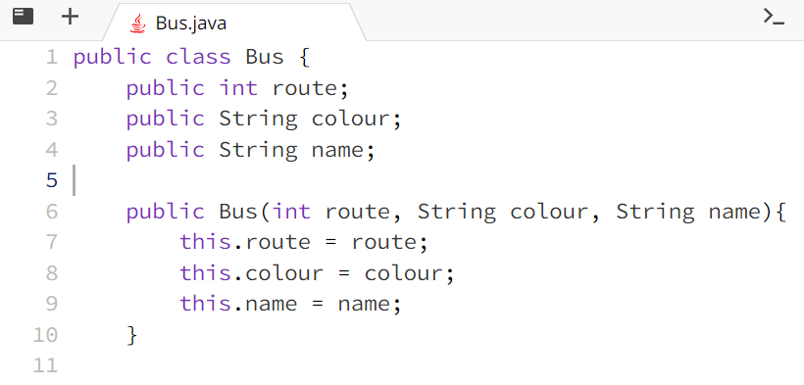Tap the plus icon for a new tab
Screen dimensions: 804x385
pos(70,17)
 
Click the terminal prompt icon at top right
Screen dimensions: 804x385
pos(774,17)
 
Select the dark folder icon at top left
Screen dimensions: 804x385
pos(23,17)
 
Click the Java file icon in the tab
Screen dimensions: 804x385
pos(138,23)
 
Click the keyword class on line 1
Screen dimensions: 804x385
pos(198,57)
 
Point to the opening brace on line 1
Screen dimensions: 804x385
pos(304,57)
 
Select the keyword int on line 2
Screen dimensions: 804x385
pos(238,88)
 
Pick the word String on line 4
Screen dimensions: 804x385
pos(258,150)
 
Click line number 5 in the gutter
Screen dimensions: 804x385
pos(51,181)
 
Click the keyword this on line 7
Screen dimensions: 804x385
pos(205,242)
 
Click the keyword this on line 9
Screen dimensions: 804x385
pos(205,304)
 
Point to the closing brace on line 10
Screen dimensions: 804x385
pos(132,335)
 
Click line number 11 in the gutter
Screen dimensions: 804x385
pos(45,365)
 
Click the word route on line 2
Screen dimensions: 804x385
pos(304,88)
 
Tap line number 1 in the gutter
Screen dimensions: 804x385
pos(51,57)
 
